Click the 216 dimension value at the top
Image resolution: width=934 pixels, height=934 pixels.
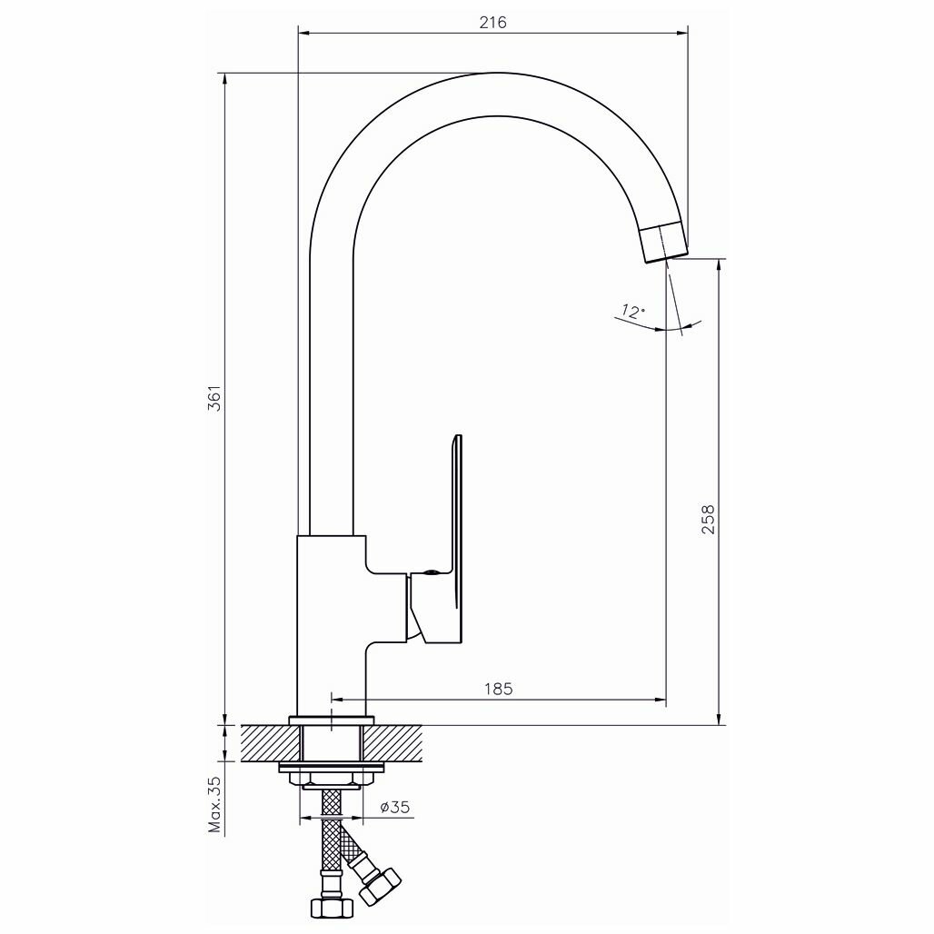tap(492, 23)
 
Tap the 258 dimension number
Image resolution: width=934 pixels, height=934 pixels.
tap(710, 519)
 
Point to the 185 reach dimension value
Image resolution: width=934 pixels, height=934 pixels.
tap(497, 689)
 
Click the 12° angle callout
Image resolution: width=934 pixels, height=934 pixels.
tap(630, 312)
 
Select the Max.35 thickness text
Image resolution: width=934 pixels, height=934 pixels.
tap(215, 804)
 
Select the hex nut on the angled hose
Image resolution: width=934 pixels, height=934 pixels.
tap(379, 885)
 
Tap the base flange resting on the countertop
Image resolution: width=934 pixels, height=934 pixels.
tap(332, 720)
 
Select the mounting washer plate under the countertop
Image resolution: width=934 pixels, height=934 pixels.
tap(332, 769)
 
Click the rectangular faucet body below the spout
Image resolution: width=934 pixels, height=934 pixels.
tap(332, 627)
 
